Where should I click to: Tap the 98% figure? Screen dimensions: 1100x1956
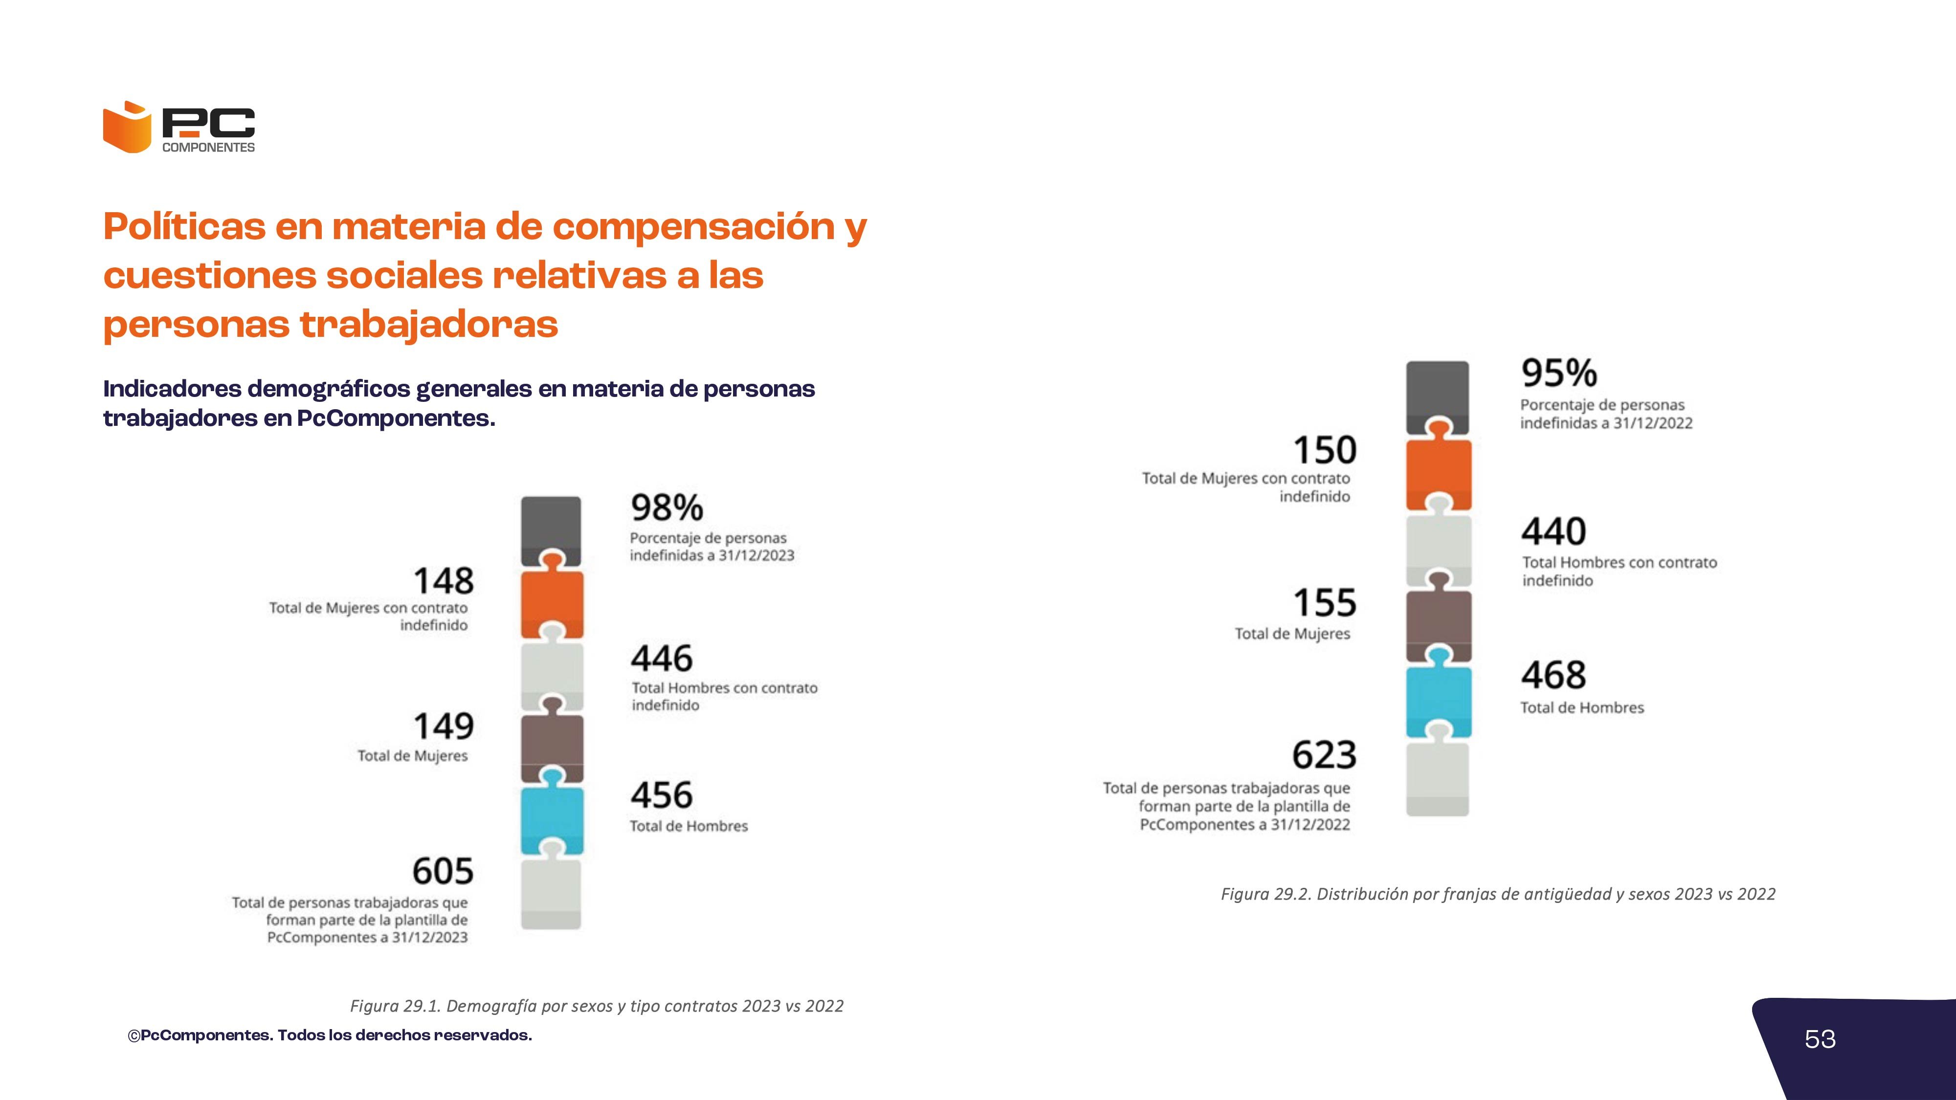[x=667, y=507]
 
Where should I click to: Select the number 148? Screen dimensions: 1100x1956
[x=444, y=581]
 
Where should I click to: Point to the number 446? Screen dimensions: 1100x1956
[x=661, y=658]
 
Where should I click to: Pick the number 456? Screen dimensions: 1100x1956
[x=661, y=795]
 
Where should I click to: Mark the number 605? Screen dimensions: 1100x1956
[x=443, y=871]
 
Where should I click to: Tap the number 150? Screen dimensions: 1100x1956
[x=1325, y=450]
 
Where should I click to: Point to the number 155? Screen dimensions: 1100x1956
[x=1325, y=603]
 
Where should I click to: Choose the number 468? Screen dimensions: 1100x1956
[x=1554, y=675]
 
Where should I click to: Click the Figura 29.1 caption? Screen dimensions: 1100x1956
[x=596, y=1006]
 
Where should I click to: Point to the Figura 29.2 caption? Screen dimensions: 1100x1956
[x=1497, y=894]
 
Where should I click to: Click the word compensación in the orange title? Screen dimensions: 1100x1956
[x=693, y=226]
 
